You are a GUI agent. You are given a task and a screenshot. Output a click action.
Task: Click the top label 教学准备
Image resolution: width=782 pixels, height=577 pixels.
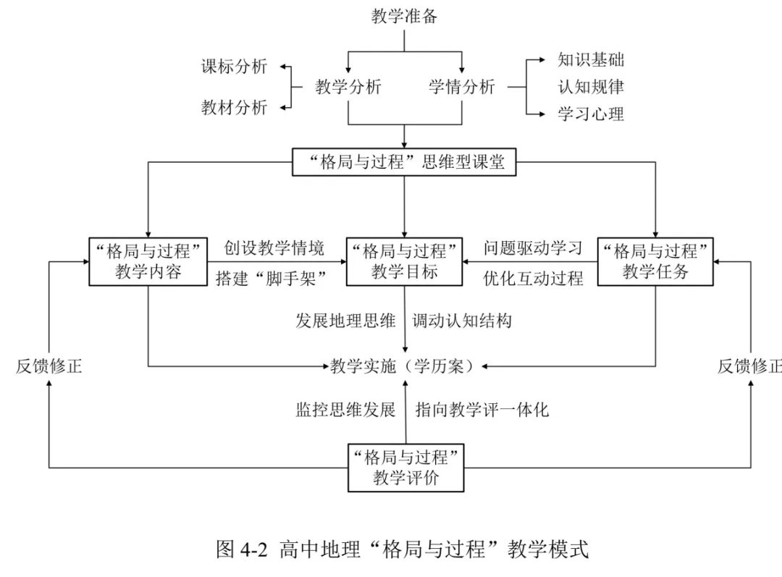coord(404,16)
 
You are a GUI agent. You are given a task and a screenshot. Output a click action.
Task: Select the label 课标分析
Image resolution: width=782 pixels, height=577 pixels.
coord(234,67)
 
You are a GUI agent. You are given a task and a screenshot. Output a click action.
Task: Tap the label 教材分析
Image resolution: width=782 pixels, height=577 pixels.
coord(234,107)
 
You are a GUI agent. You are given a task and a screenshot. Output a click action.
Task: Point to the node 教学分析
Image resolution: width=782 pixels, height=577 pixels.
coord(348,87)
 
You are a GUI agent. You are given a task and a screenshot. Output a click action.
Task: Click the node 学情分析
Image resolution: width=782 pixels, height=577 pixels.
coord(462,87)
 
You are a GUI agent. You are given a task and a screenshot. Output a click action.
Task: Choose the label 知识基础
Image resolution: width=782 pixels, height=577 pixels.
coord(591,60)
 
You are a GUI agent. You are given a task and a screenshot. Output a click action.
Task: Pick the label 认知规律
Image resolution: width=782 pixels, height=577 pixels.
coord(591,87)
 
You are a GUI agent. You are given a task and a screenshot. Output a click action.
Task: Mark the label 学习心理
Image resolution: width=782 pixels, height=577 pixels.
coord(591,114)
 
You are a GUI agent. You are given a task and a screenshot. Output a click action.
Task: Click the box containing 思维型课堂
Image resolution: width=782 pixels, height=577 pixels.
coord(404,162)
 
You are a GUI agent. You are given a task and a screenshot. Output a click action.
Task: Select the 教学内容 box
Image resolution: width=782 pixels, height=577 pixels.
coord(148,262)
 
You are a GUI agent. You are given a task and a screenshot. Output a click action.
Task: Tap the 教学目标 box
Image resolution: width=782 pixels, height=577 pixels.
coord(405,262)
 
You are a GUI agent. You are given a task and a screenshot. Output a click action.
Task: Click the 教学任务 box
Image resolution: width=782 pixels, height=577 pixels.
coord(655,262)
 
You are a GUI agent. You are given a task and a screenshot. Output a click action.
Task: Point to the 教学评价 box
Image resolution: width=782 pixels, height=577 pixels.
coord(406,468)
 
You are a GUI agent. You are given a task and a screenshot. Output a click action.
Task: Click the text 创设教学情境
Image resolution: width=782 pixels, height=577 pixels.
coord(274,248)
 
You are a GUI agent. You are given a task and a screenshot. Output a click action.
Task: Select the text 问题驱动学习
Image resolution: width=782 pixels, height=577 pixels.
coord(533,248)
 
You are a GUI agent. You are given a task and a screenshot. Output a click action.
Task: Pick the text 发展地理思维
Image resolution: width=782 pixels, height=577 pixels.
coord(345,321)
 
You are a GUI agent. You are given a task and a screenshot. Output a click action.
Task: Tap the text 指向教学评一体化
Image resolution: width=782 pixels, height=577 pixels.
coord(482,410)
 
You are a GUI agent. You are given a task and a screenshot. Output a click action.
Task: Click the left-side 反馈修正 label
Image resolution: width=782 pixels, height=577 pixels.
coord(49,366)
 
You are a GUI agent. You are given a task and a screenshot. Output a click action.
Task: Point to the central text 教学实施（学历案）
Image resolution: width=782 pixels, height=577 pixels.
coord(402,366)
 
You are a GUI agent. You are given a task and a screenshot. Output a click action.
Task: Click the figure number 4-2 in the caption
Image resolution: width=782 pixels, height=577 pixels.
coord(254,549)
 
